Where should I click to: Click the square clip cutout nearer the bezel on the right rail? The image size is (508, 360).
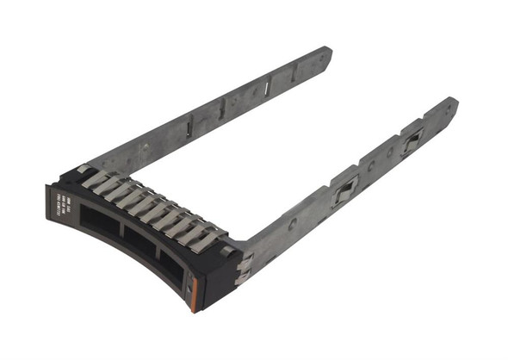(x=344, y=189)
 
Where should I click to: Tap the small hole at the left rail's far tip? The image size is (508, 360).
(x=322, y=59)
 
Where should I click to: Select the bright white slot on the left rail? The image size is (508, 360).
(x=268, y=86)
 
